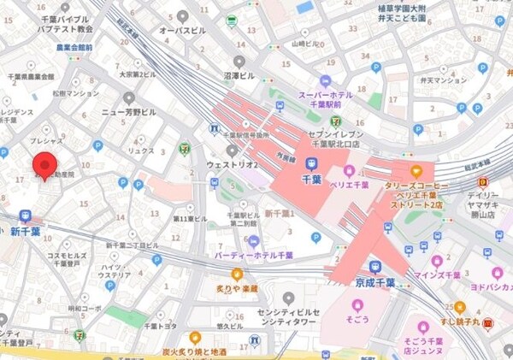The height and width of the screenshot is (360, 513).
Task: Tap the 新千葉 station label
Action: pos(26,232)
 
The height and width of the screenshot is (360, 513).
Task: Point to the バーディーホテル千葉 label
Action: pos(256,255)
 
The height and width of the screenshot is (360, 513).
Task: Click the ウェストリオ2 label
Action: pos(231,163)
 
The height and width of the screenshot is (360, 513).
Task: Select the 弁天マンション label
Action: pos(444,80)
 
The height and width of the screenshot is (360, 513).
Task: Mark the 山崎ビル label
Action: pos(304,42)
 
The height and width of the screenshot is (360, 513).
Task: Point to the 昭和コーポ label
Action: pos(85,308)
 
